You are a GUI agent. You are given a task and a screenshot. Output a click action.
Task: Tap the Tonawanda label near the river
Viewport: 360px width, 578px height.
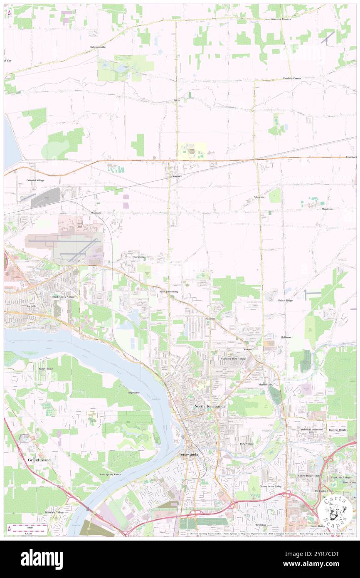click(x=188, y=454)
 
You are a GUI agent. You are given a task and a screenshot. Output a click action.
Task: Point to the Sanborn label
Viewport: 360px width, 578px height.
click(x=177, y=176)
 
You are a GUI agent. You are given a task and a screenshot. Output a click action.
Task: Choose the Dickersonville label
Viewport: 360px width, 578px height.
click(x=98, y=47)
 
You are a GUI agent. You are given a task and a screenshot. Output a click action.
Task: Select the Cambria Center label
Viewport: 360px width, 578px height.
click(x=292, y=78)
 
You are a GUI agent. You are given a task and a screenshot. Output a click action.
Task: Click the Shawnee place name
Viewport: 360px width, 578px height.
click(x=259, y=197)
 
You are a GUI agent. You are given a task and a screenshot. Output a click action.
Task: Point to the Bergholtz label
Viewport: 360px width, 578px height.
click(x=138, y=257)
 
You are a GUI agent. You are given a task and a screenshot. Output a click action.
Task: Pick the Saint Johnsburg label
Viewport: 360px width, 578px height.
click(x=169, y=292)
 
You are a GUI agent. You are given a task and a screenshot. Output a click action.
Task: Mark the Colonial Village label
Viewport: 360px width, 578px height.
click(x=35, y=180)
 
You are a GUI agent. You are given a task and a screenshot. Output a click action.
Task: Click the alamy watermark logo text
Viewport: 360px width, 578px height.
click(x=42, y=559)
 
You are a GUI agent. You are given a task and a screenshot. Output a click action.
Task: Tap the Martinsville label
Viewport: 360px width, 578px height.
click(x=264, y=385)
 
